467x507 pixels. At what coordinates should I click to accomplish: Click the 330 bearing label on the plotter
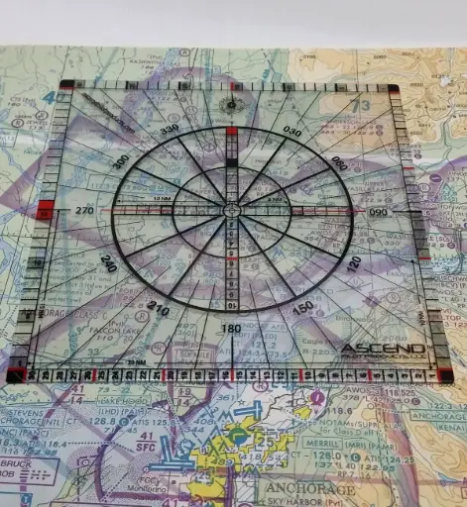point(170,129)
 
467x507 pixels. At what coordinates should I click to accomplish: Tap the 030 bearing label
point(292,131)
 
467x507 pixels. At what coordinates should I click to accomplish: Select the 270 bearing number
point(81,210)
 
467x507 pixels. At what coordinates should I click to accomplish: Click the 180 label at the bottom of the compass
point(230,329)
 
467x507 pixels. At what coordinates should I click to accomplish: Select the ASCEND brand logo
point(383,350)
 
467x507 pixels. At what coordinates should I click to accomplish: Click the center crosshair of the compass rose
point(231,211)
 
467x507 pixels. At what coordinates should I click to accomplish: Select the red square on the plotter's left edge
point(45,210)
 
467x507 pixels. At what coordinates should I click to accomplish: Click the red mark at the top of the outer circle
point(232,131)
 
